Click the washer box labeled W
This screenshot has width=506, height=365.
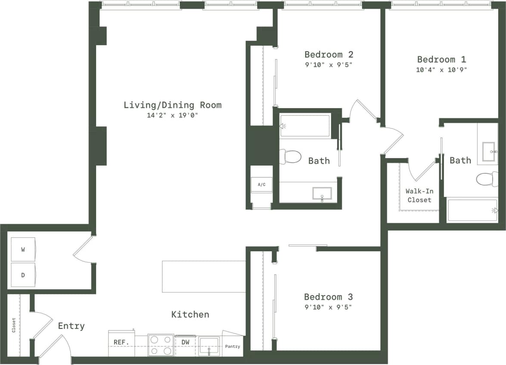coord(23,250)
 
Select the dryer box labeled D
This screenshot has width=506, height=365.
coord(23,274)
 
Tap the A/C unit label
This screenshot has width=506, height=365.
coord(261,184)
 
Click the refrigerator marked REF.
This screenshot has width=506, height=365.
coord(121,343)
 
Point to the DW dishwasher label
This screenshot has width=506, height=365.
coord(186,343)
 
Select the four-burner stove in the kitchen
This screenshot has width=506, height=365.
coord(161,345)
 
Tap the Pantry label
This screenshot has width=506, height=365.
coord(233,346)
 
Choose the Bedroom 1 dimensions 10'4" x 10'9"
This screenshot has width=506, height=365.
coord(441,70)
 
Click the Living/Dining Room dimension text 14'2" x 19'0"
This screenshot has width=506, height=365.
coord(172,115)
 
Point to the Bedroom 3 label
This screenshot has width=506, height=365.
coord(328,297)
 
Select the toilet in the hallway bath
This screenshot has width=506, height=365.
coord(290,156)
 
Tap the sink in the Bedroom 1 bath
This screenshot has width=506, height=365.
coord(490,152)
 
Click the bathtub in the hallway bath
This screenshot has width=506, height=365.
coord(305,126)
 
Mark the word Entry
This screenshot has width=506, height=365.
coord(71,326)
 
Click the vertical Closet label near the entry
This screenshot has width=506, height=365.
coord(14,325)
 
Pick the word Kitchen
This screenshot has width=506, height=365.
coord(190,315)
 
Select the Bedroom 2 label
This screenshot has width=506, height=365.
coord(329,55)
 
